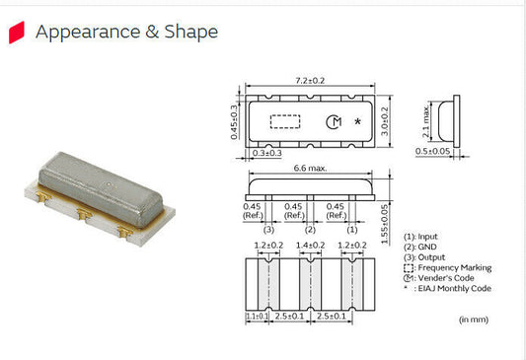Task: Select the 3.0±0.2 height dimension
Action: pos(397,121)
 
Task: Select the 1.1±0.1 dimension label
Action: pos(255,317)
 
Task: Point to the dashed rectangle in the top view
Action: pos(285,121)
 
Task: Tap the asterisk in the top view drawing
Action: pos(357,122)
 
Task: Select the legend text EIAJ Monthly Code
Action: pos(458,289)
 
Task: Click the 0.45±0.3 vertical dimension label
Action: pos(234,122)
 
